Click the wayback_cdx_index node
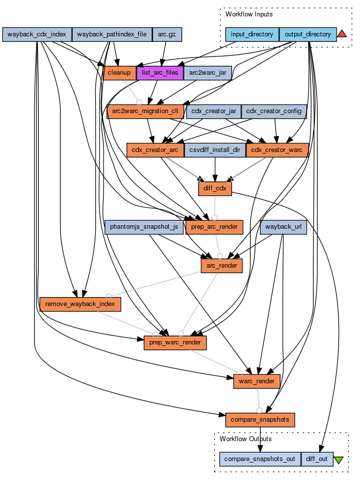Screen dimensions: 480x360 tap(37, 34)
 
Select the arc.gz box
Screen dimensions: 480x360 tap(167, 34)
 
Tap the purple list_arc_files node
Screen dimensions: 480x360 tap(159, 73)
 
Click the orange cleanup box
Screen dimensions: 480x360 tap(120, 73)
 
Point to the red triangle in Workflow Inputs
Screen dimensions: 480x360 tap(342, 34)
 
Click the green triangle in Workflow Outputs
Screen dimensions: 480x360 tap(339, 460)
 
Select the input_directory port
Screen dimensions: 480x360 tap(252, 34)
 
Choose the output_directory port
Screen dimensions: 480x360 tap(308, 34)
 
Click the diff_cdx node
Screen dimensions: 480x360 tap(215, 188)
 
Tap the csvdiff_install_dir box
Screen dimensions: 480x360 tap(215, 150)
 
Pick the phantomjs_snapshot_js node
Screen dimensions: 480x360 tap(144, 227)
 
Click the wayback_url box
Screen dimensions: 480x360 tap(283, 227)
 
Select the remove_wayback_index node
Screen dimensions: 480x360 tap(80, 304)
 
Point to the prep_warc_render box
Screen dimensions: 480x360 tap(175, 342)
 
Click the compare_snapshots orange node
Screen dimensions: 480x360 tap(260, 419)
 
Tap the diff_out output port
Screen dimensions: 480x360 tap(317, 459)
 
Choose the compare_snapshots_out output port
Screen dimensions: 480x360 tap(260, 459)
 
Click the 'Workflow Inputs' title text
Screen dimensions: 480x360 tap(249, 14)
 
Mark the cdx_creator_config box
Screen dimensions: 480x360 tap(274, 111)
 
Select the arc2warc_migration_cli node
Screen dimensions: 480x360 tap(145, 111)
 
